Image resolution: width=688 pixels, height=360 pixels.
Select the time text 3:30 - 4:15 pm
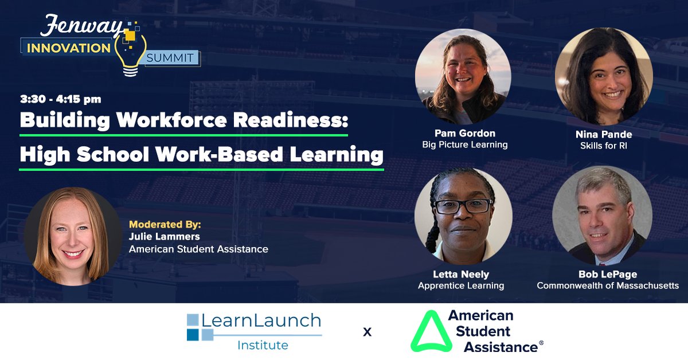coord(61,99)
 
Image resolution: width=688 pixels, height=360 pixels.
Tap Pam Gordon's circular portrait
coord(463,77)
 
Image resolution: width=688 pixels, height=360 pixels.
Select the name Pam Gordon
coord(464,133)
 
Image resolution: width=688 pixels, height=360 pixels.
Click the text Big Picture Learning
coord(464,144)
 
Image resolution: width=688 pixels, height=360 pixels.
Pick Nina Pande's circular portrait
coord(604,77)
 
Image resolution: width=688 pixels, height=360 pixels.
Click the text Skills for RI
coord(604,146)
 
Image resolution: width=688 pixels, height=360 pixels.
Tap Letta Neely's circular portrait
coord(463,216)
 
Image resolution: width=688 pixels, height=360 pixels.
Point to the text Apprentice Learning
coord(461,285)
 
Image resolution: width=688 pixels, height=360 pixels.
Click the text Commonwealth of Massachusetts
coord(608,285)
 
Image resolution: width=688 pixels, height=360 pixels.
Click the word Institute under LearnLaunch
coord(262,345)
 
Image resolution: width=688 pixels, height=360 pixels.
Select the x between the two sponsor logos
coord(367,332)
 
